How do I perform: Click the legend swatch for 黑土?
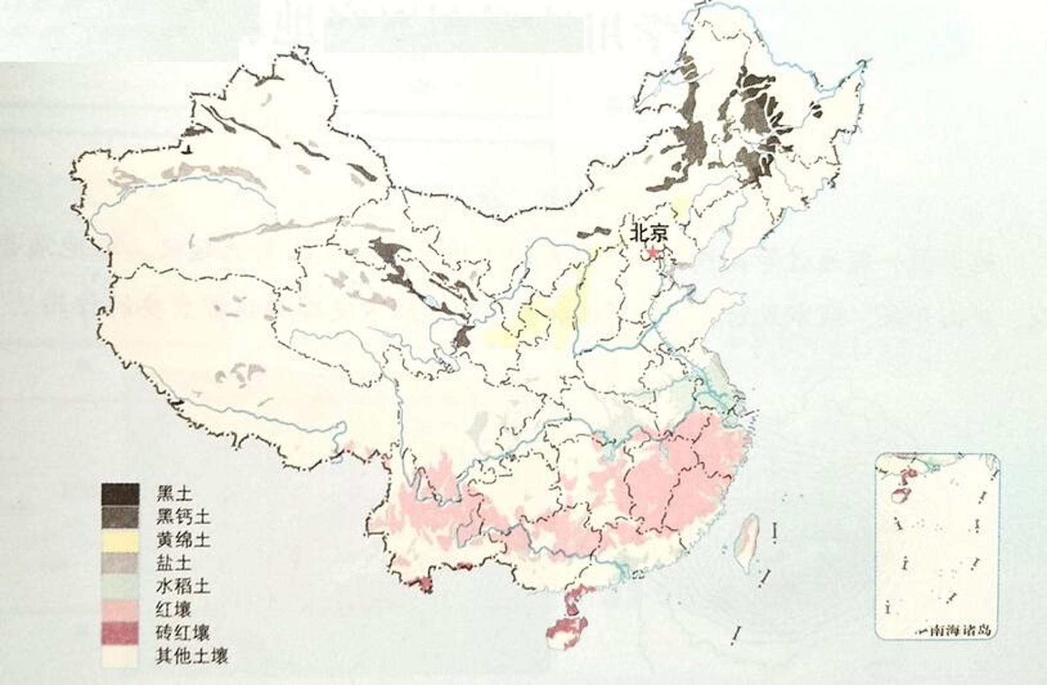click(120, 493)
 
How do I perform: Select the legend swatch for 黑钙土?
click(120, 517)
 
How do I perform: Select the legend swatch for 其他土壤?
click(120, 656)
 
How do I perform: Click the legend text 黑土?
click(174, 493)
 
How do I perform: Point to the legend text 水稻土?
click(183, 587)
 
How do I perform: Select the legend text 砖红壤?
click(183, 633)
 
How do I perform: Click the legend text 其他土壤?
click(192, 656)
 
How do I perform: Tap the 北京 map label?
click(649, 234)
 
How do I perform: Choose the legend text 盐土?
click(174, 564)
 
